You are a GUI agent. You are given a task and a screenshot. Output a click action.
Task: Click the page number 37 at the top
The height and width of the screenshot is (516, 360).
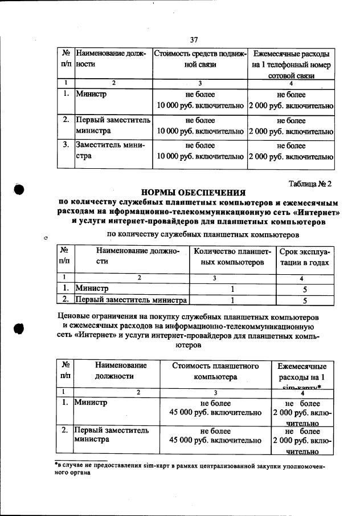tap(194, 39)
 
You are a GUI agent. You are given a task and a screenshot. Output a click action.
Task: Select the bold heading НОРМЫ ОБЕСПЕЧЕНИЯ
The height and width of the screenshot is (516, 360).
tap(193, 192)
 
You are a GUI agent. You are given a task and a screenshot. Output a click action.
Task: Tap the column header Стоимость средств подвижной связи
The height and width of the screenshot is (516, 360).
tap(200, 59)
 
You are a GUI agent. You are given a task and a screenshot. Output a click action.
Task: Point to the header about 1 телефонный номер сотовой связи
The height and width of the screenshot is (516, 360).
tap(291, 64)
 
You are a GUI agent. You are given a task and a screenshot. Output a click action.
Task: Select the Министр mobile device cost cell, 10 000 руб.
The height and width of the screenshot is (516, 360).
tap(200, 100)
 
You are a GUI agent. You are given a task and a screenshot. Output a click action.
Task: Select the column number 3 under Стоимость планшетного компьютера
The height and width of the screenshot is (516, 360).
tap(215, 392)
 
